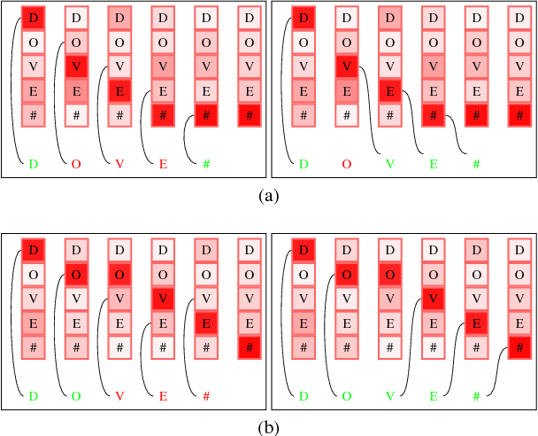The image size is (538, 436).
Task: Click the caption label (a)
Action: (268, 196)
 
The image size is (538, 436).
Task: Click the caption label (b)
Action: (268, 428)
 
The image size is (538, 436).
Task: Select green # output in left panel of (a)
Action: (206, 164)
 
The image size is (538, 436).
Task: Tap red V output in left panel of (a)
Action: (119, 164)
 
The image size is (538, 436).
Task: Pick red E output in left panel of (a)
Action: (163, 164)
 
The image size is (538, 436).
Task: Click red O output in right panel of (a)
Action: (346, 164)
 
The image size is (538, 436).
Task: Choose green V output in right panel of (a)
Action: (389, 164)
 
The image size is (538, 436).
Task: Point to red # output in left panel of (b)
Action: (206, 395)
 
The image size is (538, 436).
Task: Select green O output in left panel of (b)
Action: (76, 395)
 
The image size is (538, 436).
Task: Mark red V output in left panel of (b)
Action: (119, 395)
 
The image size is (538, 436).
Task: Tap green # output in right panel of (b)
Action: (476, 395)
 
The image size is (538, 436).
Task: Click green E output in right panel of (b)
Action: (433, 395)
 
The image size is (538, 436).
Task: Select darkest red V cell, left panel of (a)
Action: (76, 66)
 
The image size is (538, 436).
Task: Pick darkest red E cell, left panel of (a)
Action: (119, 90)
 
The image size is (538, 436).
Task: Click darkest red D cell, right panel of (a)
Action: (303, 18)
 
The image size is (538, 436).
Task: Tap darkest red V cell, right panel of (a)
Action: (346, 66)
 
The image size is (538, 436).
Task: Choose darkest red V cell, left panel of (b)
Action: (163, 298)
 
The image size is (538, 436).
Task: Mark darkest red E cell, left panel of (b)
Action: (206, 323)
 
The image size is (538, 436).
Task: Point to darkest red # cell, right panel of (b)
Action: (519, 346)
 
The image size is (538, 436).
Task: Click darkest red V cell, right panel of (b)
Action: (433, 298)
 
